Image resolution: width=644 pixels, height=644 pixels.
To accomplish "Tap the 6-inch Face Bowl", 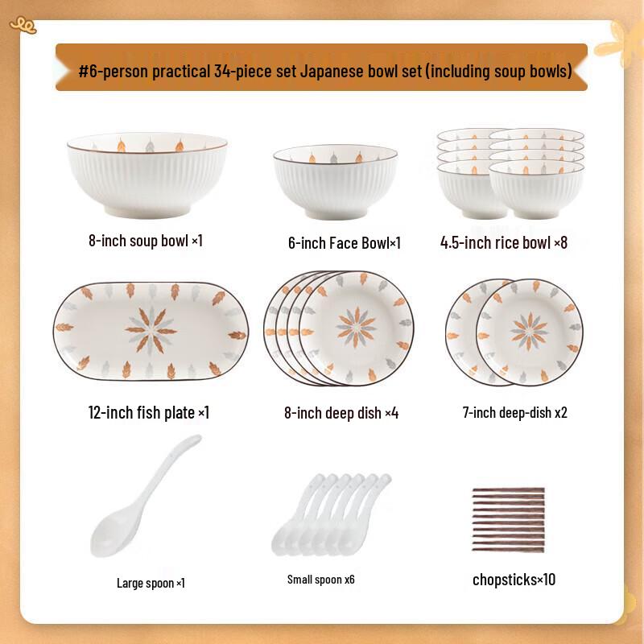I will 335,183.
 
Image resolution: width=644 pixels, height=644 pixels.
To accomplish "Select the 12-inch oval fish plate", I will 151,331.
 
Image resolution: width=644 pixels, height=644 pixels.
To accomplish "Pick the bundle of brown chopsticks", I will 508,519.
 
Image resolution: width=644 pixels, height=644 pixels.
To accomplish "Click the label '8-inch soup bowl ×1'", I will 146,240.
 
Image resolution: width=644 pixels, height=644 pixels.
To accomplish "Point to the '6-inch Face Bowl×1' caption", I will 344,242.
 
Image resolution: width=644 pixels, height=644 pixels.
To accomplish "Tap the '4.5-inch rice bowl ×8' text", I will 504,242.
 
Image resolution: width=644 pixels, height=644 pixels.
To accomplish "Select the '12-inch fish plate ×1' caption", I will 148,412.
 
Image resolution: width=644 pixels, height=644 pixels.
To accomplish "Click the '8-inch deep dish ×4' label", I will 341,413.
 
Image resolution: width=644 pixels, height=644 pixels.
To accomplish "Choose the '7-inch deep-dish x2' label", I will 515,412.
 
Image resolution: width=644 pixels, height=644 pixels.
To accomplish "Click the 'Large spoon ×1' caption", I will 151,583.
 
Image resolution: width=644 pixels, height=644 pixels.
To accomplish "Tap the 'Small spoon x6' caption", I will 321,580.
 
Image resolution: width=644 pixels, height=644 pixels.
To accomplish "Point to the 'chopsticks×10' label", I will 514,580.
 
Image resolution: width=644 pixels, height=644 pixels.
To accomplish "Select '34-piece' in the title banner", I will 242,72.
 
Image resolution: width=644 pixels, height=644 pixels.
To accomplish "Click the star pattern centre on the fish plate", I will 151,330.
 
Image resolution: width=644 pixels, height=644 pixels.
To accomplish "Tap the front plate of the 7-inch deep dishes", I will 529,332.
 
